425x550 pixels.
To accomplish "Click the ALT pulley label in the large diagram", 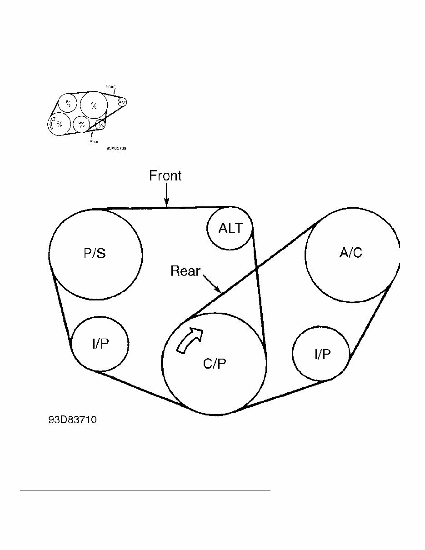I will [x=230, y=228].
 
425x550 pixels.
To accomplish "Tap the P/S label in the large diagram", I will [x=95, y=253].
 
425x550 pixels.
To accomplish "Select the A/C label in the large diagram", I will [x=351, y=253].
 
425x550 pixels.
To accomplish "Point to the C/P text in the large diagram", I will [x=215, y=364].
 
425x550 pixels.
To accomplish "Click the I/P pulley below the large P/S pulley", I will [x=100, y=344].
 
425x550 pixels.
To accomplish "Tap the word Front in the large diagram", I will [x=165, y=176].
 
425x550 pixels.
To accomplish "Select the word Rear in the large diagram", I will [x=185, y=271].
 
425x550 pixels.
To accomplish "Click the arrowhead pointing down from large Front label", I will [x=167, y=204].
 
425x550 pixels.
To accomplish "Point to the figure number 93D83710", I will [x=72, y=420].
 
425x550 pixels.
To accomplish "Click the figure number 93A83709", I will [x=116, y=148].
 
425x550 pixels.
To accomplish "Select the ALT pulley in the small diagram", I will [x=122, y=102].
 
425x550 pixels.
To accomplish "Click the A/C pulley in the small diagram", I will [x=94, y=105].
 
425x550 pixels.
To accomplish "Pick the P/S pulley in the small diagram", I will [x=68, y=102].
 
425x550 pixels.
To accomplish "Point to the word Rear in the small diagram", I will [x=94, y=141].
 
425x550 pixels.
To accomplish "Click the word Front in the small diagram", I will [x=110, y=86].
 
